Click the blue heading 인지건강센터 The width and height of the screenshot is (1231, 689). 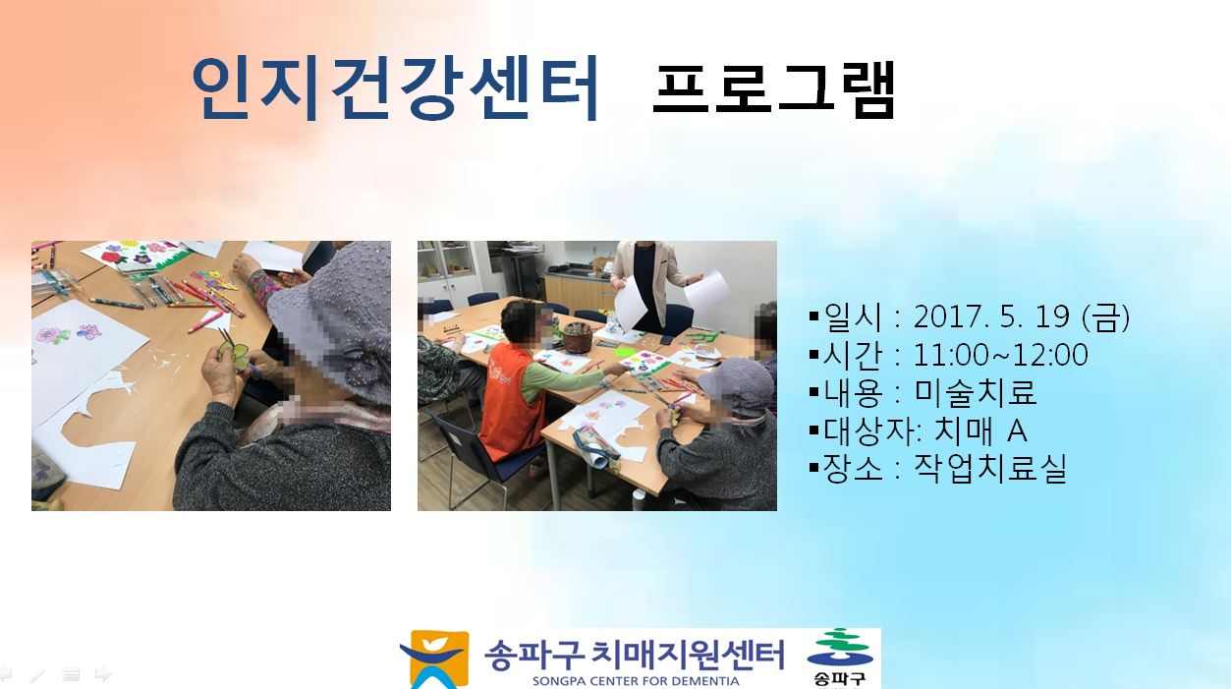(395, 87)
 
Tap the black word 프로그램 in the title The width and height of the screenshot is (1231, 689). (774, 89)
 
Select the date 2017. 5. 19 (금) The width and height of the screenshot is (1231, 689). (1021, 316)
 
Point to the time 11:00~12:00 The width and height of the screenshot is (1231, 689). (1000, 355)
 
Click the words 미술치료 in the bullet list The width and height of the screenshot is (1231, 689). (975, 392)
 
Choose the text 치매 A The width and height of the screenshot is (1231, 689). (980, 431)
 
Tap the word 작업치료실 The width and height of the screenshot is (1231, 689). (989, 469)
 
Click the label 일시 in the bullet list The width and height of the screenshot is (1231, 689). (852, 317)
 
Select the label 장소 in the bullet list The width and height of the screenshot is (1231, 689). (852, 469)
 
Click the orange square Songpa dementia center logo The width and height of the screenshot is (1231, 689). (434, 660)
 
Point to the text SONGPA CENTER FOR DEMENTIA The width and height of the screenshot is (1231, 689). (636, 681)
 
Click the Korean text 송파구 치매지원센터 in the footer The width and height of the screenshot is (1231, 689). (635, 655)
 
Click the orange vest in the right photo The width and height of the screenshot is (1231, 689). (510, 400)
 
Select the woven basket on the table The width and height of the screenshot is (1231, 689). (577, 336)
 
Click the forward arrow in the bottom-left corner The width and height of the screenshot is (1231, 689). (103, 673)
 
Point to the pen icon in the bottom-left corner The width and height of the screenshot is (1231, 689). (37, 674)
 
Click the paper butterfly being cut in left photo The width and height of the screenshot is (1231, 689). (234, 356)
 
